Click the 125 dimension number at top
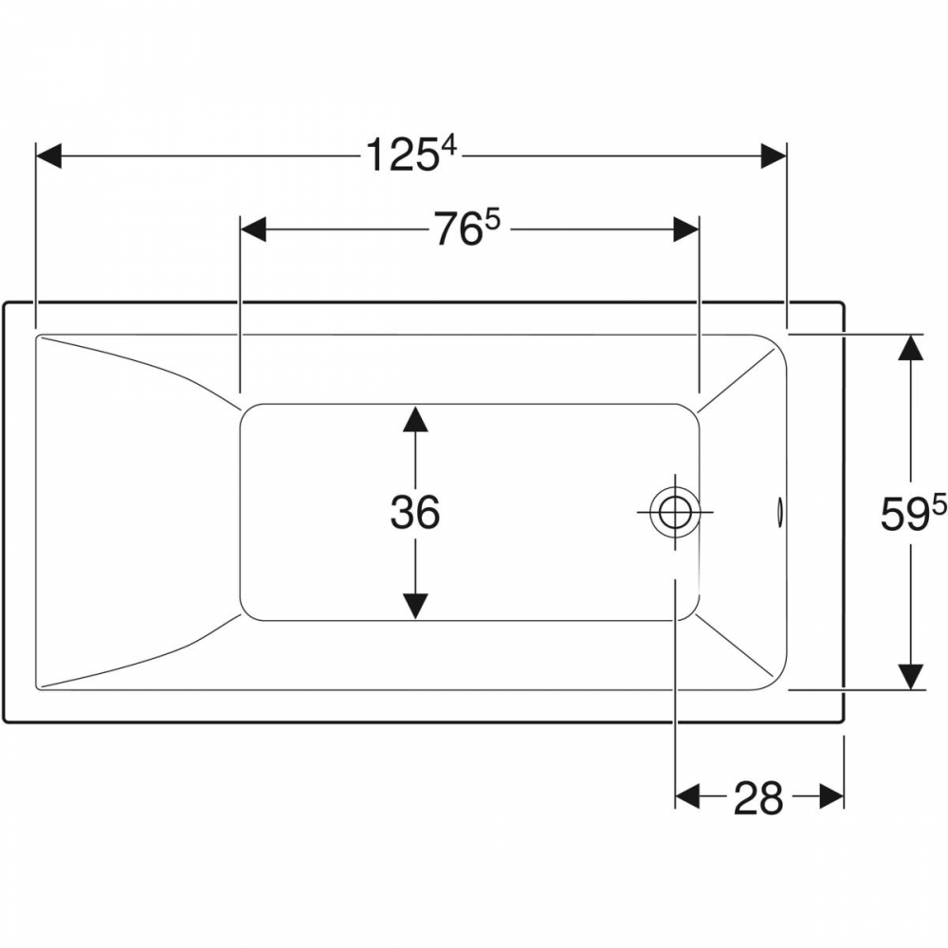pos(401,155)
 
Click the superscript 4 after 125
pos(449,147)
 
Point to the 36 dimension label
pos(415,513)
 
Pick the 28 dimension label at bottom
pos(758,797)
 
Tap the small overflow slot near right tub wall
pos(779,512)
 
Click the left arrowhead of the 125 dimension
pos(49,155)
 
